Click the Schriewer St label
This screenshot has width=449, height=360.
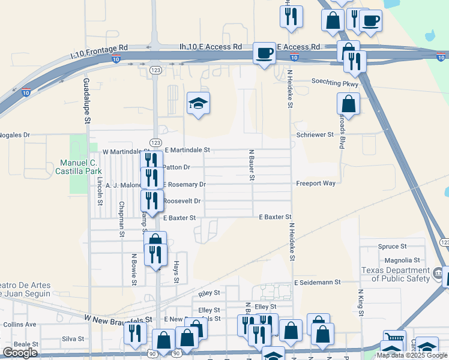(x=315, y=135)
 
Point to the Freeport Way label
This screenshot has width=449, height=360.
(x=315, y=184)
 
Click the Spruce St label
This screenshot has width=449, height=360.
(x=393, y=246)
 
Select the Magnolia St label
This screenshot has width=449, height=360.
(x=402, y=260)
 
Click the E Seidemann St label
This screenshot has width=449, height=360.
(x=317, y=281)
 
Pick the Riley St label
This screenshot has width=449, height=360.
(x=209, y=293)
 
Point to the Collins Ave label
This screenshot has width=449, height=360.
(x=19, y=324)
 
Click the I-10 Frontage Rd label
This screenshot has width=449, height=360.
(x=100, y=51)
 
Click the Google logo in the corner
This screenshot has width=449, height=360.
(x=20, y=352)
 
